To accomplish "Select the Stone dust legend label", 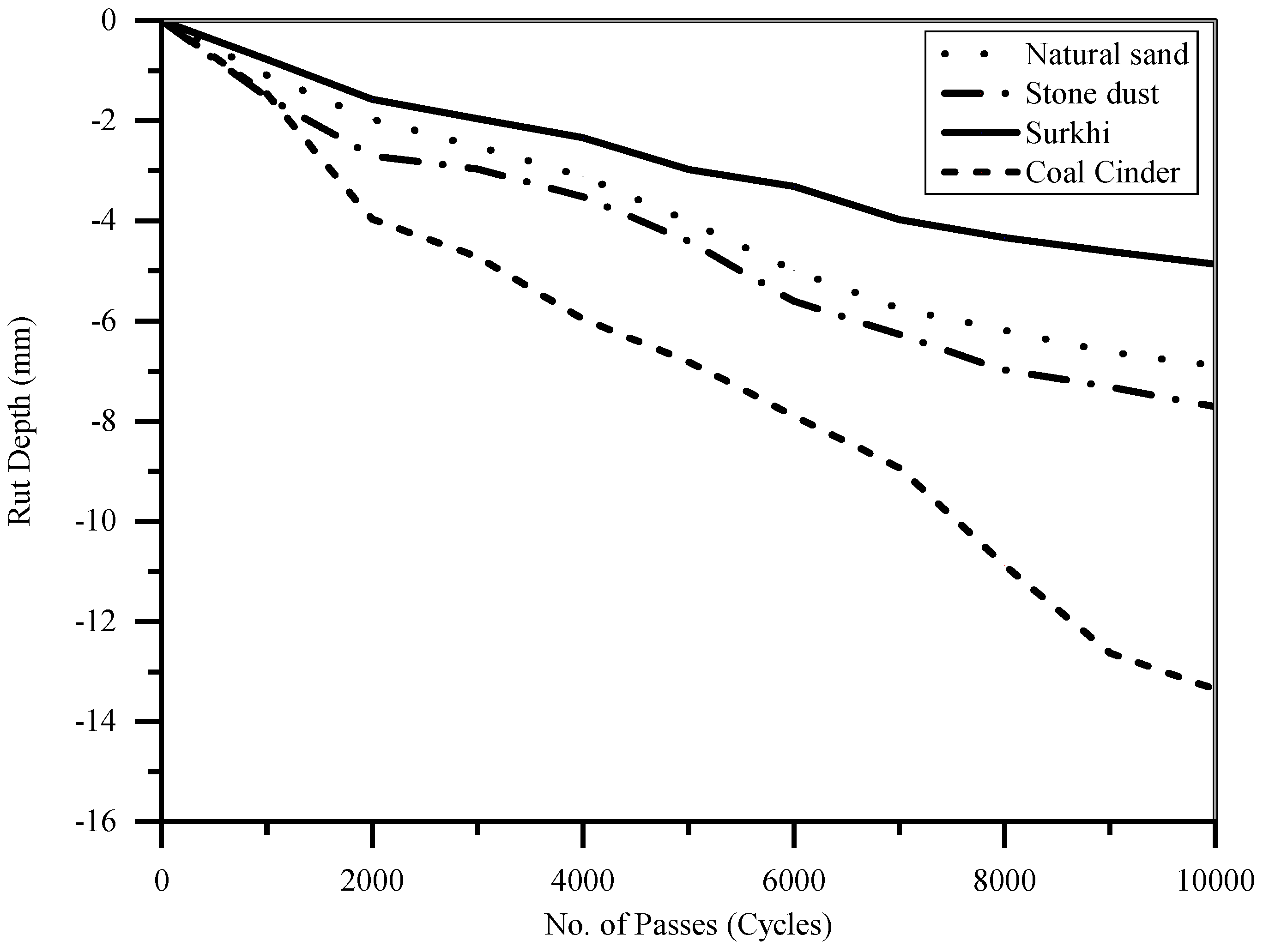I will point(1092,94).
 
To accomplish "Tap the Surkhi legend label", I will point(1068,133).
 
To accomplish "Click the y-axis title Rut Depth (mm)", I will point(21,421).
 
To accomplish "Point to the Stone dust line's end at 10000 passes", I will point(1212,406).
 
